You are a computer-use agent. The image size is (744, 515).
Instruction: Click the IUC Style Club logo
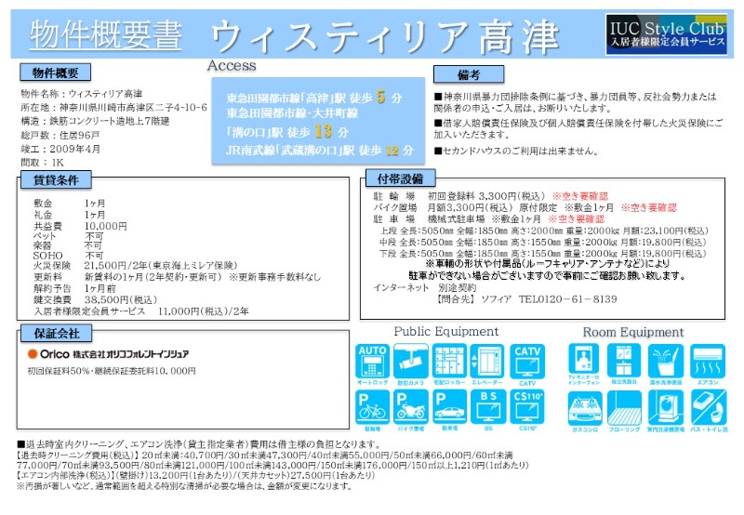(666, 33)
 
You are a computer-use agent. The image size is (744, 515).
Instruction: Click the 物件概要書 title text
(105, 35)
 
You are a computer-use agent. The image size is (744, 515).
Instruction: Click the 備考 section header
(470, 73)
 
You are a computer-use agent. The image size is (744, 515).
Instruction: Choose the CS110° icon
(527, 405)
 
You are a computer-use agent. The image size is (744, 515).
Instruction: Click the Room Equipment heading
(632, 332)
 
